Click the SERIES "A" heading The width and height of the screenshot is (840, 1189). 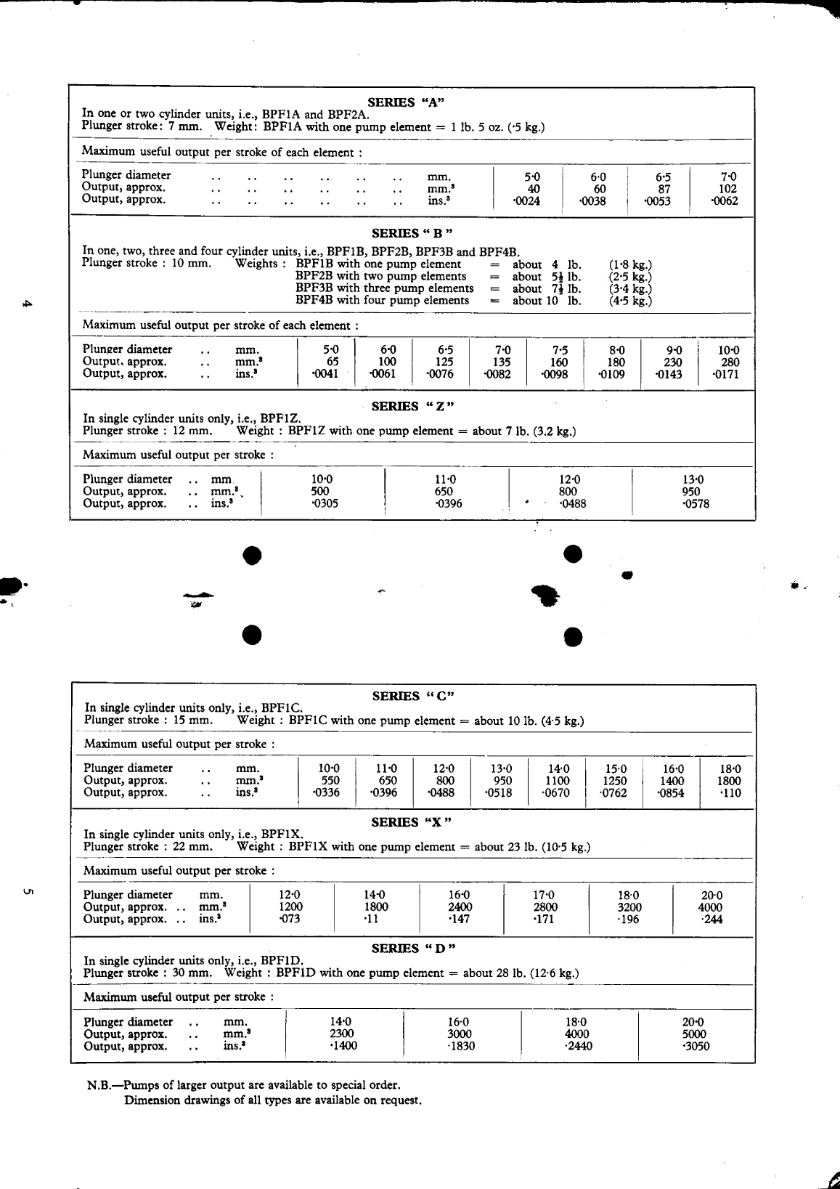pyautogui.click(x=406, y=102)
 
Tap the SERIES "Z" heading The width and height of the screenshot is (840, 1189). pyautogui.click(x=412, y=406)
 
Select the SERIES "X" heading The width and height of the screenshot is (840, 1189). pyautogui.click(x=411, y=822)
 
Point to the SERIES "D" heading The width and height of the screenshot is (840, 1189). pyautogui.click(x=412, y=949)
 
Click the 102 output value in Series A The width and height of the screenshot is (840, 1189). pyautogui.click(x=727, y=189)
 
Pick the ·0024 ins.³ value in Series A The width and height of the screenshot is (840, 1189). pyautogui.click(x=526, y=201)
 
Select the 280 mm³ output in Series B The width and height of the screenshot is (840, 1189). pyautogui.click(x=730, y=362)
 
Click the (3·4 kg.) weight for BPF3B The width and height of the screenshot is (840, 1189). pyautogui.click(x=630, y=288)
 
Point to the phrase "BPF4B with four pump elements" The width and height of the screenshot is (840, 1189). pyautogui.click(x=382, y=301)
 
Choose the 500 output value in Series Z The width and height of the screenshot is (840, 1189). pyautogui.click(x=319, y=492)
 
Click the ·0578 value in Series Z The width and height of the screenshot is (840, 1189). pyautogui.click(x=696, y=504)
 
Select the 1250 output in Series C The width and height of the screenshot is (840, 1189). pyautogui.click(x=614, y=781)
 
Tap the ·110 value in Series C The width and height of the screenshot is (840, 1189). pyautogui.click(x=730, y=793)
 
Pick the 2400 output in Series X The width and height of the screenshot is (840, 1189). pyautogui.click(x=460, y=907)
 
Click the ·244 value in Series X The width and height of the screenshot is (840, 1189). pyautogui.click(x=711, y=920)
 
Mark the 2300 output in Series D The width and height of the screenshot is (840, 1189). pyautogui.click(x=341, y=1034)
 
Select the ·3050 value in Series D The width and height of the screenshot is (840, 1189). pyautogui.click(x=696, y=1047)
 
